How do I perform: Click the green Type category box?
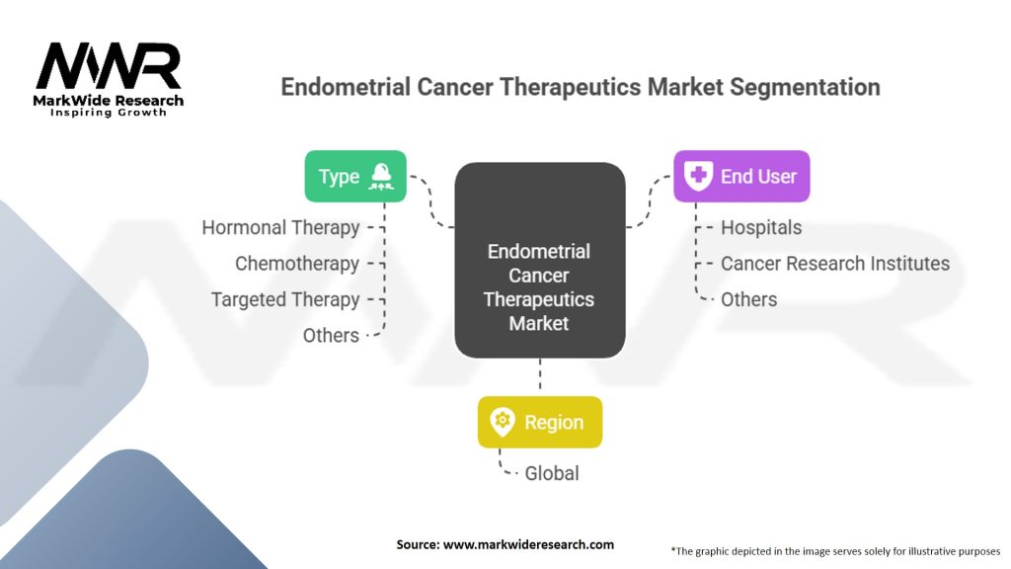click(x=355, y=176)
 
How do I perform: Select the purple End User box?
click(x=741, y=176)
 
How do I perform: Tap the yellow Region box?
click(x=540, y=422)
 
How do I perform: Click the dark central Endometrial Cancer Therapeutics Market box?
click(x=540, y=260)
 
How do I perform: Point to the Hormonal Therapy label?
click(x=280, y=228)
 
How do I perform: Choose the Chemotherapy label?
click(x=296, y=264)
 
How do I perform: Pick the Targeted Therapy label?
click(x=285, y=300)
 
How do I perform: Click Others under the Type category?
click(x=331, y=336)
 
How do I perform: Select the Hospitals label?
click(x=761, y=228)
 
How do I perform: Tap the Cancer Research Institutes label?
click(x=835, y=264)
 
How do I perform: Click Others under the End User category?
click(x=748, y=300)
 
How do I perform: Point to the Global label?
click(x=552, y=473)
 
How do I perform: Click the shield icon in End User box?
click(x=698, y=176)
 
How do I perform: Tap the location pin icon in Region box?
click(x=503, y=422)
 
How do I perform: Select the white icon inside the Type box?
click(x=381, y=176)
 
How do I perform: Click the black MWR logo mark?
click(x=109, y=66)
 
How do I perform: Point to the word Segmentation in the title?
click(x=805, y=87)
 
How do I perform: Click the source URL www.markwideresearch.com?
click(x=528, y=544)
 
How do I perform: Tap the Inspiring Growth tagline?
click(x=109, y=113)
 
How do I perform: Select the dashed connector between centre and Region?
click(x=540, y=374)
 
